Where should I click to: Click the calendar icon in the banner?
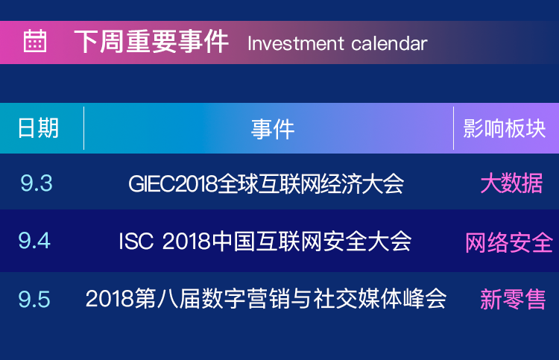[35, 41]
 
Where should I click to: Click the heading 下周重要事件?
[151, 42]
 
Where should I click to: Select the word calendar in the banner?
[389, 44]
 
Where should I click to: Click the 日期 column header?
[39, 128]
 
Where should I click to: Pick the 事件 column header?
[273, 129]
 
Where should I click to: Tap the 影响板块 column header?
[504, 128]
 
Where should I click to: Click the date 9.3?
[37, 183]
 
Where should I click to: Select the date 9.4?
[34, 241]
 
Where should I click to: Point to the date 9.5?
[34, 299]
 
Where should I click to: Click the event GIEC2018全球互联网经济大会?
[266, 184]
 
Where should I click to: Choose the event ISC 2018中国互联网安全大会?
[265, 241]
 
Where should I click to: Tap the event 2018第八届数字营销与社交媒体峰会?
[266, 298]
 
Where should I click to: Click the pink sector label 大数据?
[511, 183]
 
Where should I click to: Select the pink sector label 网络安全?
[509, 242]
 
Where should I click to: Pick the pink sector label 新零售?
[513, 299]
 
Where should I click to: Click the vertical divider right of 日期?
[83, 128]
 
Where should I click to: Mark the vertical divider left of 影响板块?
[453, 128]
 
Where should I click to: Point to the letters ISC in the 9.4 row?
[136, 241]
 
